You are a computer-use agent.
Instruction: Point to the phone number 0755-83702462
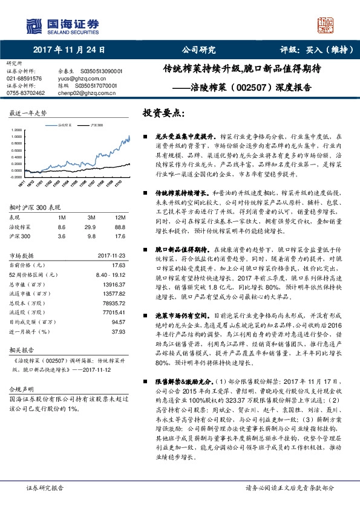click(x=25, y=93)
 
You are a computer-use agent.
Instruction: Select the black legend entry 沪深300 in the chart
click(x=96, y=124)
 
